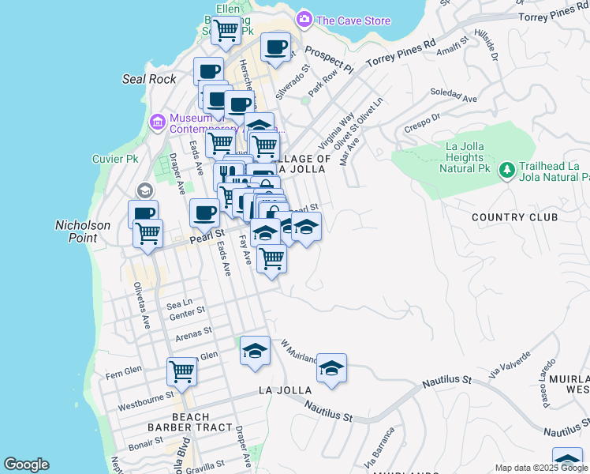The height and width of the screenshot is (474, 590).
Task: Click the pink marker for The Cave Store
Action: click(x=304, y=19)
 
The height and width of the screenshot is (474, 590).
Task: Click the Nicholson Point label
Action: click(x=83, y=231)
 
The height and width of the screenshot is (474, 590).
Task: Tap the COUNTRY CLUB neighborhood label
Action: click(x=514, y=216)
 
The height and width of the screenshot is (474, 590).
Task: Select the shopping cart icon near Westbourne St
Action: click(x=181, y=371)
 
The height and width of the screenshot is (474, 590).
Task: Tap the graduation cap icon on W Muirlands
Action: click(x=331, y=367)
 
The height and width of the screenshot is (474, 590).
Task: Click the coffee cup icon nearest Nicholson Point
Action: click(x=143, y=214)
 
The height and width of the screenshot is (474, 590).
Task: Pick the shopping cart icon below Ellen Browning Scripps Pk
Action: click(x=226, y=30)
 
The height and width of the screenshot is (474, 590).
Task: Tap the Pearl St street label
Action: click(x=207, y=235)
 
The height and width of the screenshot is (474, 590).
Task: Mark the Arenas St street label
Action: click(x=193, y=335)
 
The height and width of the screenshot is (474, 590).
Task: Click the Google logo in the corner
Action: click(x=27, y=465)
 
